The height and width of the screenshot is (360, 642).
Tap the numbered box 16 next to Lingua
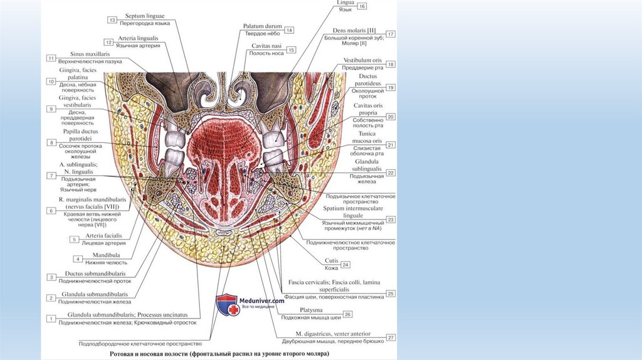(x=363, y=6)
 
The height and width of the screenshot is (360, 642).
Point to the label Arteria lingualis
(x=139, y=38)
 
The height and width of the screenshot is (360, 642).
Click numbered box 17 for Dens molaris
(x=391, y=34)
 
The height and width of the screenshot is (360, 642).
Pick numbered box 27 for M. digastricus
(x=391, y=337)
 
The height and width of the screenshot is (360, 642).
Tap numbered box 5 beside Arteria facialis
(x=74, y=239)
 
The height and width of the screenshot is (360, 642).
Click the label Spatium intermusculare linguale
(x=357, y=211)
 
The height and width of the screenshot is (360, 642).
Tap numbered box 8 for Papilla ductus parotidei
(x=51, y=142)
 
